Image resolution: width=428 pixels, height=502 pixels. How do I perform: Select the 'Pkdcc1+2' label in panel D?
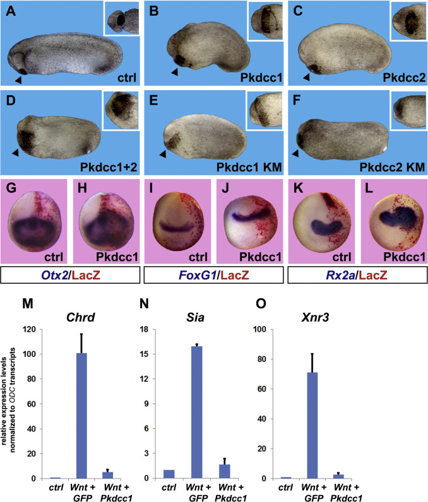coord(114,165)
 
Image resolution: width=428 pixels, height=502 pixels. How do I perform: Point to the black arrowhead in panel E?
coord(163,154)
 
